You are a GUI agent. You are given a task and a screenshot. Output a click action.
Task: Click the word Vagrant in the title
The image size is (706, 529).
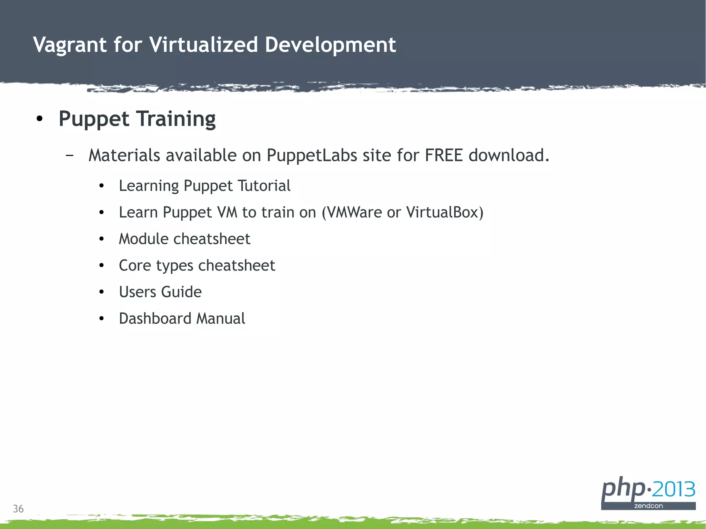click(70, 45)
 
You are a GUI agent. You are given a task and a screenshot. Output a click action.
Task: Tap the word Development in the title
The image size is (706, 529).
click(330, 45)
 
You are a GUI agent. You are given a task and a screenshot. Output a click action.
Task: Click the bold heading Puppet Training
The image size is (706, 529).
click(137, 119)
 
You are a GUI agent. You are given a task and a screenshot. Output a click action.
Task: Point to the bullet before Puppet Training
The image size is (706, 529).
click(40, 119)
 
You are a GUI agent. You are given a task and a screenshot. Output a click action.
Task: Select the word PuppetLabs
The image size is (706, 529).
click(312, 155)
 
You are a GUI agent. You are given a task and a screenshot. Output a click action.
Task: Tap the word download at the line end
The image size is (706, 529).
click(508, 155)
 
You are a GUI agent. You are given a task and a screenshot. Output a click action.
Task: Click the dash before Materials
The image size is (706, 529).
click(69, 155)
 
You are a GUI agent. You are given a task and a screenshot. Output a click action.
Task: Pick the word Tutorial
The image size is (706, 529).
click(264, 186)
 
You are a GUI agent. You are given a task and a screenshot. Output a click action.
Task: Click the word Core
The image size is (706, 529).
click(135, 265)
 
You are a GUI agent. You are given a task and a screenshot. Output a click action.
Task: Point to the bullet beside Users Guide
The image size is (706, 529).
click(101, 292)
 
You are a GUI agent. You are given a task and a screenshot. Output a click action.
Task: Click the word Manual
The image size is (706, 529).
click(221, 318)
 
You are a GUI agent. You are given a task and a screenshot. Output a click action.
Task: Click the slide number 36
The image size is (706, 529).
click(18, 509)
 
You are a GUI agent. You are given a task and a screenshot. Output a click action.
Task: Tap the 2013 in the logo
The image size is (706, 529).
click(674, 489)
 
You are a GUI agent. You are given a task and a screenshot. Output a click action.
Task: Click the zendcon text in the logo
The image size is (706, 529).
click(648, 506)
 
